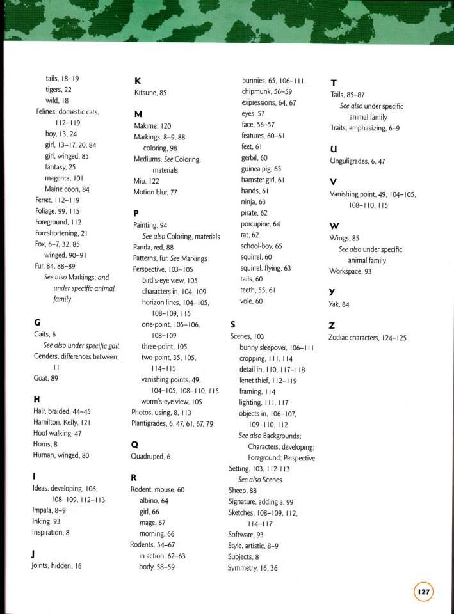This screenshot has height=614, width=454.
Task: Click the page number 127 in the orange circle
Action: click(x=423, y=592)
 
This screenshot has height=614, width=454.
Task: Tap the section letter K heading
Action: click(x=137, y=81)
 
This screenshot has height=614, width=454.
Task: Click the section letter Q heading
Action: click(x=134, y=445)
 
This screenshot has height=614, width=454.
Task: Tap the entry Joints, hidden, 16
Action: click(x=56, y=565)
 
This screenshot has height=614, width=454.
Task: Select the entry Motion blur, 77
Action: click(x=155, y=192)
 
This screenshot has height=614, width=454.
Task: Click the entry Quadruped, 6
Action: click(x=150, y=457)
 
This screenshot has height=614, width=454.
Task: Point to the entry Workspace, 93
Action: click(x=350, y=271)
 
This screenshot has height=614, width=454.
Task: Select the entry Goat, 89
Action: click(x=45, y=378)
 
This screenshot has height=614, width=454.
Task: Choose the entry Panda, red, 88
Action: click(x=153, y=247)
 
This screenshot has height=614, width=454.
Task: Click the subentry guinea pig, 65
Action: click(x=261, y=169)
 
